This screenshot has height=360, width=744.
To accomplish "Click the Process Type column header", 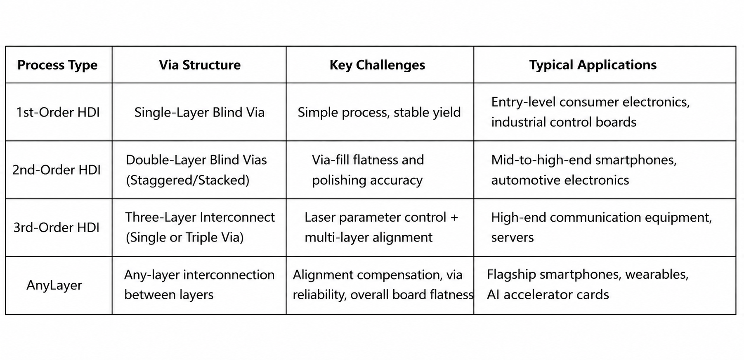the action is click(x=57, y=65).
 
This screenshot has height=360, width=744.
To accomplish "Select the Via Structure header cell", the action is click(x=200, y=65).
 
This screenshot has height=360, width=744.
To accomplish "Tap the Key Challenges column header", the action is click(x=377, y=65).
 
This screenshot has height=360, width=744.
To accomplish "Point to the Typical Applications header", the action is click(x=593, y=65).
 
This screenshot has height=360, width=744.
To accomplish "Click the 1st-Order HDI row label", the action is click(x=58, y=112).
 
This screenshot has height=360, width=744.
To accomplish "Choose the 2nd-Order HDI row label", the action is click(x=57, y=170).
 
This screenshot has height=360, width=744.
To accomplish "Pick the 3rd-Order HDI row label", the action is click(x=57, y=227).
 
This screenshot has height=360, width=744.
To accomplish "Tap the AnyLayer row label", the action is click(x=54, y=285).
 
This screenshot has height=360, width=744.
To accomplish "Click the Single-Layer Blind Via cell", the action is click(x=199, y=112).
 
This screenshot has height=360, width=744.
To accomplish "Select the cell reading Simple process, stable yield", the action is click(x=379, y=112).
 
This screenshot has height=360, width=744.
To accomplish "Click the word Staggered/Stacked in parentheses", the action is click(x=188, y=180).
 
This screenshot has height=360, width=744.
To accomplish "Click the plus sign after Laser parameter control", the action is click(x=454, y=218).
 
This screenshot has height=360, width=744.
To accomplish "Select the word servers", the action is click(x=512, y=238).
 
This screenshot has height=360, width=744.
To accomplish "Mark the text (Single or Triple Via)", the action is click(x=184, y=237).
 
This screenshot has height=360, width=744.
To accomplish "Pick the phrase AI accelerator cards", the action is click(x=548, y=295).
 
